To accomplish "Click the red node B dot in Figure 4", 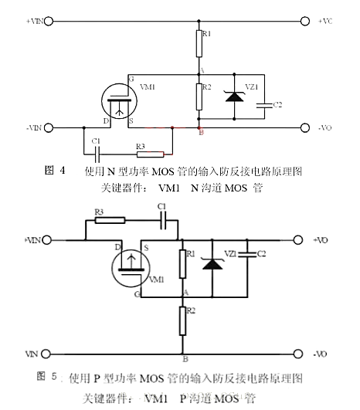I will point(199,126).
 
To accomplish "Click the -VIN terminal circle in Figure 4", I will point(50,127).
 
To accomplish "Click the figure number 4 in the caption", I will point(61,168).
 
